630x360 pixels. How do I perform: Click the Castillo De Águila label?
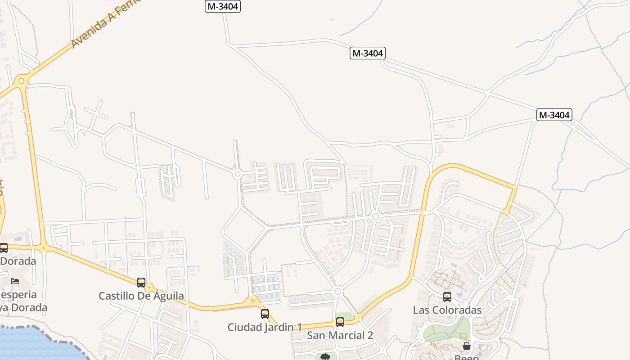pyautogui.click(x=141, y=296)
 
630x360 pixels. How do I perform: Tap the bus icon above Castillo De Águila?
pyautogui.click(x=141, y=283)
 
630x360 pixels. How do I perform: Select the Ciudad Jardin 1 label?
pyautogui.click(x=264, y=327)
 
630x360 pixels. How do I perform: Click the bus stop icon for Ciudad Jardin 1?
pyautogui.click(x=265, y=314)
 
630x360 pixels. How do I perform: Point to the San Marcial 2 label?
pyautogui.click(x=340, y=335)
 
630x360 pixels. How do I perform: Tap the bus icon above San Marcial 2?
pyautogui.click(x=340, y=322)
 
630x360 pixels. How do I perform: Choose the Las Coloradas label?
pyautogui.click(x=447, y=310)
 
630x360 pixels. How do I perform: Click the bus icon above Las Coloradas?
pyautogui.click(x=447, y=297)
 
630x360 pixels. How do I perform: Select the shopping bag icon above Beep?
pyautogui.click(x=467, y=346)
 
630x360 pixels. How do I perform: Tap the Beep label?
pyautogui.click(x=467, y=357)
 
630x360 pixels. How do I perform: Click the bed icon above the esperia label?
pyautogui.click(x=15, y=281)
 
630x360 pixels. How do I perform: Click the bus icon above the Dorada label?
pyautogui.click(x=4, y=248)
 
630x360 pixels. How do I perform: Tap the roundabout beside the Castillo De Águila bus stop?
pyautogui.click(x=149, y=288)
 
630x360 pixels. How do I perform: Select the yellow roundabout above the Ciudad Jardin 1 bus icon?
pyautogui.click(x=252, y=301)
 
